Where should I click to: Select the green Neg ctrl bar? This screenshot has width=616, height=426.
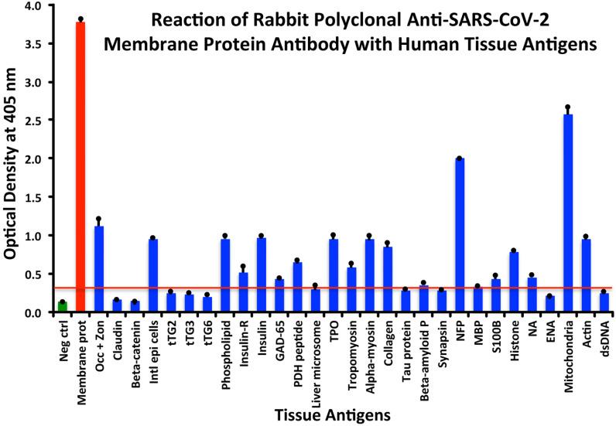[x=62, y=307]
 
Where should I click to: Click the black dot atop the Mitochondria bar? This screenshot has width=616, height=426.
[x=567, y=107]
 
